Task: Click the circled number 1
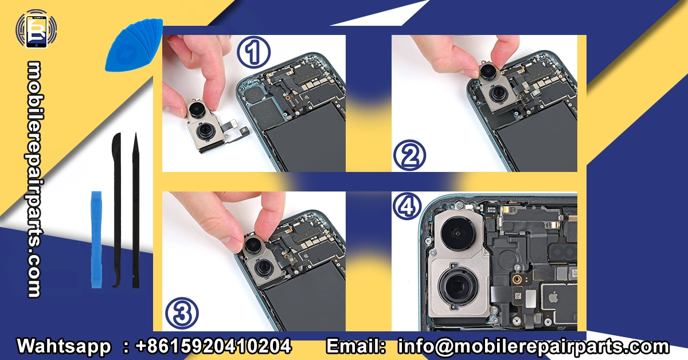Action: [253, 52]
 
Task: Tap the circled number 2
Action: [410, 155]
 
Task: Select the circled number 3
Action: [182, 314]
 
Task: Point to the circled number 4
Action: [407, 206]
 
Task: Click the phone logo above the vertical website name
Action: [36, 29]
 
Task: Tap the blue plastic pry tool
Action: [96, 240]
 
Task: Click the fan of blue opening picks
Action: [134, 45]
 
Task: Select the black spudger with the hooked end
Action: [117, 210]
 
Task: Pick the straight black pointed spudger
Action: [135, 210]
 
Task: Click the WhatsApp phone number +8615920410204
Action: [213, 346]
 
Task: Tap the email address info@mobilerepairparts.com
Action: [534, 346]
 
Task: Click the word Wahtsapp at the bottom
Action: [64, 346]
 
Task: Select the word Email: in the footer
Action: [355, 346]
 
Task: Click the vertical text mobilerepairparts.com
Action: [34, 179]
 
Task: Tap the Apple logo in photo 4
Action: [553, 298]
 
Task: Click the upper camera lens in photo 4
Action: [458, 234]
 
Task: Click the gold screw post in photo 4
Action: [517, 279]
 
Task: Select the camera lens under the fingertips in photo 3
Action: [253, 245]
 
